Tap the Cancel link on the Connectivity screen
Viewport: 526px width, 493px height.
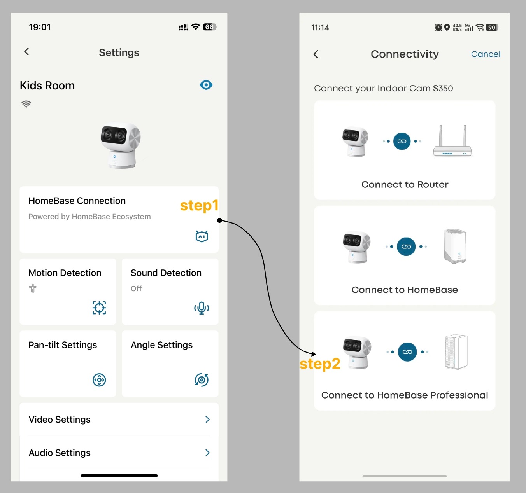tap(486, 54)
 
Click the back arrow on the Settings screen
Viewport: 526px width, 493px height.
tap(26, 52)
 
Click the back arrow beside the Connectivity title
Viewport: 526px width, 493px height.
tap(316, 54)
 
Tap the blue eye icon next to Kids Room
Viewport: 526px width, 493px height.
tap(206, 85)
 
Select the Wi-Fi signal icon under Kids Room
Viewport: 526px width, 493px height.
tap(26, 104)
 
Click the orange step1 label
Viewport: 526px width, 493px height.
tap(199, 205)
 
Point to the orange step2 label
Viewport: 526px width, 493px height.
tap(320, 364)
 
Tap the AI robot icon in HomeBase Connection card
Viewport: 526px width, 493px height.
tap(202, 236)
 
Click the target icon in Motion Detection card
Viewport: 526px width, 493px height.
tap(99, 308)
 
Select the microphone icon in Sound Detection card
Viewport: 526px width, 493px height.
tap(202, 308)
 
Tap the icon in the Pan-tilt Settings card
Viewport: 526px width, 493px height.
tap(99, 380)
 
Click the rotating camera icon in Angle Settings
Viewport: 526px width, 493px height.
tap(202, 380)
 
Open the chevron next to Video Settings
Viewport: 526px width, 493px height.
tap(207, 420)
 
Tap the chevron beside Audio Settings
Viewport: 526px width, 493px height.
tap(207, 453)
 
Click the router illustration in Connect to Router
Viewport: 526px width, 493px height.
tap(452, 141)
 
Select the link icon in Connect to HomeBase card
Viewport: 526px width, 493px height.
tap(406, 247)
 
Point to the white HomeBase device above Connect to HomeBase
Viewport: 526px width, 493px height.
tap(455, 246)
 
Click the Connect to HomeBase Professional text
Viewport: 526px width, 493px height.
tap(405, 395)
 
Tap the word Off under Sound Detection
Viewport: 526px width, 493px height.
tap(136, 288)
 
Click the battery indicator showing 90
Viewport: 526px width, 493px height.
tap(492, 28)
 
